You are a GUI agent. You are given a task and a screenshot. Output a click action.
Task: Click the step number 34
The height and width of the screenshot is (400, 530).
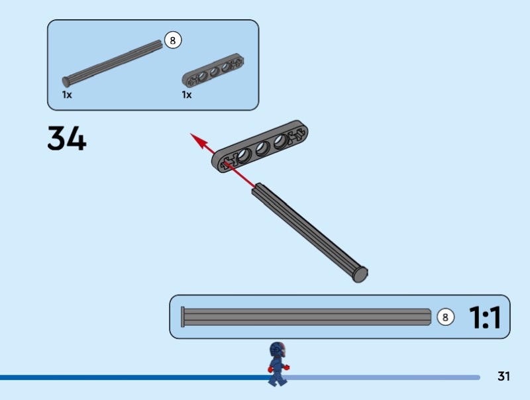(67, 138)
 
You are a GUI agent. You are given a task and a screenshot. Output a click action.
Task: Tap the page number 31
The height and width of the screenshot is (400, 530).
(503, 376)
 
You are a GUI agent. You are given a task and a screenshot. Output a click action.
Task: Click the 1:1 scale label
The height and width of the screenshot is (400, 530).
(485, 317)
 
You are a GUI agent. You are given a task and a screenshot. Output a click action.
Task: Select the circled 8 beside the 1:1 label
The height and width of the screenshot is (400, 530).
(445, 317)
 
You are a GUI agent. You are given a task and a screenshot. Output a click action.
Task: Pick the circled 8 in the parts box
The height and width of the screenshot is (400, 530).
(173, 40)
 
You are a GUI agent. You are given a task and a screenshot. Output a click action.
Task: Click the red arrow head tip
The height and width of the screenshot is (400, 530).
(190, 134)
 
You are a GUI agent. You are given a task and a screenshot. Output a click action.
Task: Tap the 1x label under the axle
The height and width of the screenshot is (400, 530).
(67, 95)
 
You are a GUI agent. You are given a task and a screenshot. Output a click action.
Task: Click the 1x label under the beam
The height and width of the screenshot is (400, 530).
(187, 95)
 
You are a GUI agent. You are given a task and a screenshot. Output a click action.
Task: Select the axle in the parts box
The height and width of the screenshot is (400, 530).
(113, 63)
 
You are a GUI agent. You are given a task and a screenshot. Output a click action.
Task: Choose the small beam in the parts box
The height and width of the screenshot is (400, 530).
(213, 71)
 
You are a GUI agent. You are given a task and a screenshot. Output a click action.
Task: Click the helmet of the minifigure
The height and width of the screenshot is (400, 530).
(278, 350)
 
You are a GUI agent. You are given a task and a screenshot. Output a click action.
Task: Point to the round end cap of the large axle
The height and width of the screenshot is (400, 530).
(360, 274)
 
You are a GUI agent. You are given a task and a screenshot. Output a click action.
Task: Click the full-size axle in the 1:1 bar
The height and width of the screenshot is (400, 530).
(306, 317)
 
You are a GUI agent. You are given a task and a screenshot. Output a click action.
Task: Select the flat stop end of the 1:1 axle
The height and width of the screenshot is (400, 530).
(183, 317)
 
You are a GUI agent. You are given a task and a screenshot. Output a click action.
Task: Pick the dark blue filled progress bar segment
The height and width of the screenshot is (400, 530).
(134, 377)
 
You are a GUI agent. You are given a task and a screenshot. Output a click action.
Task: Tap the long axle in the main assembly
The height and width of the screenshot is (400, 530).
(309, 232)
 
